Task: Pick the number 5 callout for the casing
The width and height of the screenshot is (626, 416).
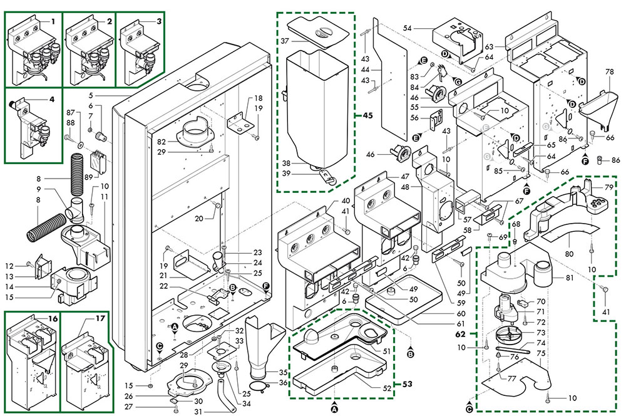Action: (91, 95)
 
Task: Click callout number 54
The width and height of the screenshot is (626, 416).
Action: (407, 28)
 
